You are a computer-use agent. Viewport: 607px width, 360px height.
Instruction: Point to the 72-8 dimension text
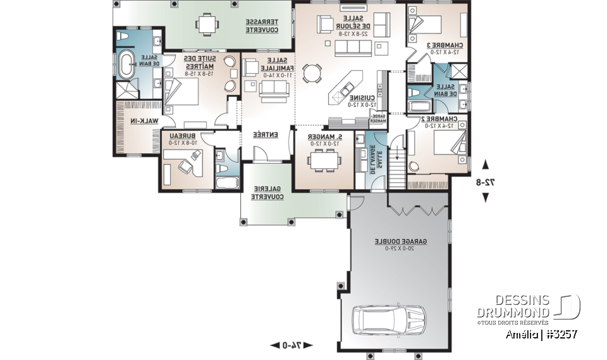(x=485, y=182)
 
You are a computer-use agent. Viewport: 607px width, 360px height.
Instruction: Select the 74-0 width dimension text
(x=291, y=345)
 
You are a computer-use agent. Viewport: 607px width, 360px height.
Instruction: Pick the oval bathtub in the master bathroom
(x=127, y=66)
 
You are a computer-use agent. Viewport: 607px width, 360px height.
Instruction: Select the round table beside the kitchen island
(x=310, y=74)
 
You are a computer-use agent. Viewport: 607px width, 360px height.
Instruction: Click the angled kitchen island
(x=345, y=89)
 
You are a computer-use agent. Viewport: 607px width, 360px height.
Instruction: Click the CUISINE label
(x=364, y=100)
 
